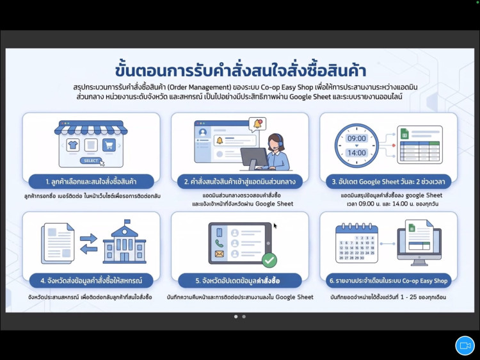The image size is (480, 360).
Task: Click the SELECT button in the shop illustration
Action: point(91,161)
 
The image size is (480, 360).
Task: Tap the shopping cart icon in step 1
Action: point(109,145)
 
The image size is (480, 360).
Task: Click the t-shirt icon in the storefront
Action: point(73,145)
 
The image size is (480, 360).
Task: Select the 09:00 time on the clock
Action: point(356,138)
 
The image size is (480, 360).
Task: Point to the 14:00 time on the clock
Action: point(356,152)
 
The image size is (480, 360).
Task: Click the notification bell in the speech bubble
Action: point(257,124)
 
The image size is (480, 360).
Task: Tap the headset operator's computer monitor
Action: point(254,157)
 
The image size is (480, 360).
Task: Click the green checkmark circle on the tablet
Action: point(269,261)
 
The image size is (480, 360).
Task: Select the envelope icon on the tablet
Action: point(219,254)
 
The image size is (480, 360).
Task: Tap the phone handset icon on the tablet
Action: point(219,243)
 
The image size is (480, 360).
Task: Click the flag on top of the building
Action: point(127,221)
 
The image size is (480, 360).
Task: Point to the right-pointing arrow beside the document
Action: point(88,238)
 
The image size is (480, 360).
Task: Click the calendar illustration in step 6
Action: point(356,243)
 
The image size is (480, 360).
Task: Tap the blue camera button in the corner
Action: point(465,346)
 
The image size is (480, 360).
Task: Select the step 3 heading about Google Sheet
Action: point(388,182)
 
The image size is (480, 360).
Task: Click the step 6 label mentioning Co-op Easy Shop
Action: point(388,281)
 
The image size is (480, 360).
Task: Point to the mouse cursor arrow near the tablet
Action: point(275,226)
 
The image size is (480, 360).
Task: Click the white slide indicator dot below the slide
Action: point(236,316)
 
